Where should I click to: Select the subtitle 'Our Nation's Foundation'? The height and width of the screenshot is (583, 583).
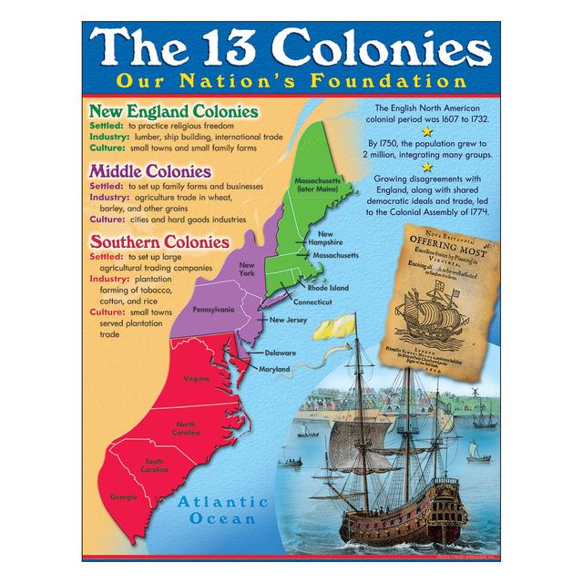[x=291, y=80]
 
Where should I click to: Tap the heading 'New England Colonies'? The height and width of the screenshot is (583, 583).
[x=172, y=111]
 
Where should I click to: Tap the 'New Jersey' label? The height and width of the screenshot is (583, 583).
[x=290, y=321]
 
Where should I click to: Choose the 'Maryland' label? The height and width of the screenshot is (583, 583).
[x=274, y=369]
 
